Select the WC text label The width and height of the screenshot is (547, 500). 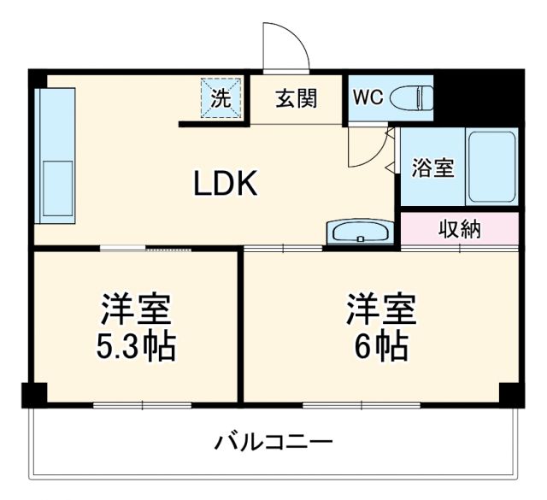tap(368, 98)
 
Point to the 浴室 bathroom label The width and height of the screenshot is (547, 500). tap(432, 168)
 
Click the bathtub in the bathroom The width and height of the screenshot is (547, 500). tap(491, 167)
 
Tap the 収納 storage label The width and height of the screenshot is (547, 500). tap(460, 229)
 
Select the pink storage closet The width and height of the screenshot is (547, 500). tap(496, 229)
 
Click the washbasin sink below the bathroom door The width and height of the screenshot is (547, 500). tap(360, 232)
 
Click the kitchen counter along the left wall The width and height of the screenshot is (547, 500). tap(55, 154)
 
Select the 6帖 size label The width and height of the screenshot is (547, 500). tap(381, 346)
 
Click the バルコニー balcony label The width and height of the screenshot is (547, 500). tap(273, 444)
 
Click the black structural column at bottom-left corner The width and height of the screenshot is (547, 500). tap(33, 395)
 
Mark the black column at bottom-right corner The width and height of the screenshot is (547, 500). tap(510, 395)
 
